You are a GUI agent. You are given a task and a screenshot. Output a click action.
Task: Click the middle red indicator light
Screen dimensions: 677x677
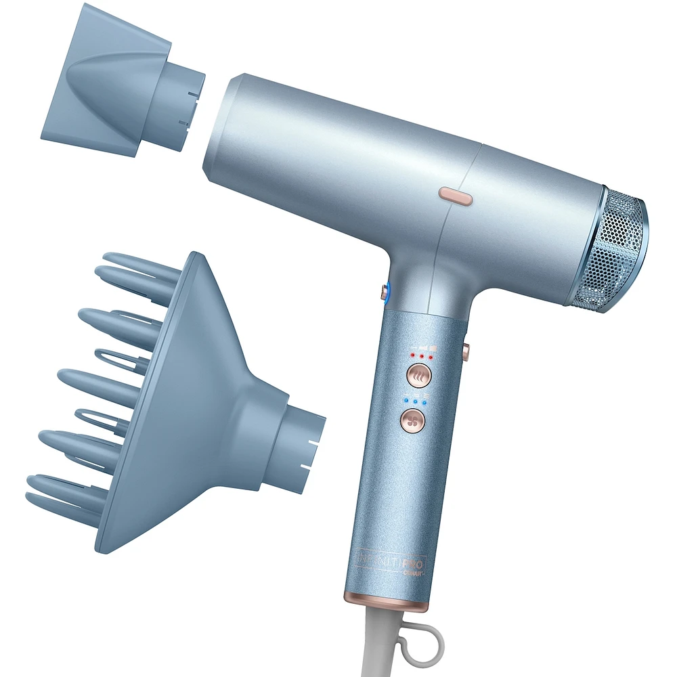pos(420,355)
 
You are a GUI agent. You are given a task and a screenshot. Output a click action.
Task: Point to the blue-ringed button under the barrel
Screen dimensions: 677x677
pos(385,292)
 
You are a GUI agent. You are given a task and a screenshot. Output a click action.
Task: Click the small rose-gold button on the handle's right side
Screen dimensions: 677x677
pos(466,348)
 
